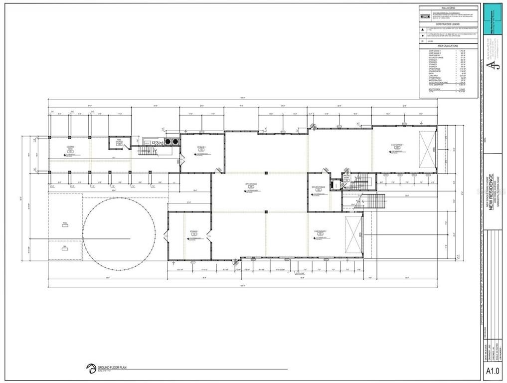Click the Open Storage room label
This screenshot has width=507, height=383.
(251, 184)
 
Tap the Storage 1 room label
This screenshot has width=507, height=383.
(194, 232)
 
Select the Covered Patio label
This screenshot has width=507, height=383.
(70, 147)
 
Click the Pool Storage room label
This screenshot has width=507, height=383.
(119, 142)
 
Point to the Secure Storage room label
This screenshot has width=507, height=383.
(319, 188)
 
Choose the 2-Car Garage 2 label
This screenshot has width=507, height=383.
(320, 232)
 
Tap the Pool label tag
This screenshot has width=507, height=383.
(65, 224)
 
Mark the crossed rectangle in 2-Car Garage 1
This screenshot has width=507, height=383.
(427, 150)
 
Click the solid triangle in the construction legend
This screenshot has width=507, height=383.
(423, 30)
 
